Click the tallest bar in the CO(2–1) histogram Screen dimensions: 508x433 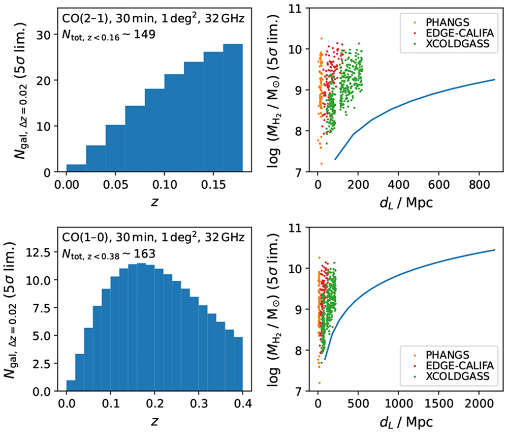(x=233, y=108)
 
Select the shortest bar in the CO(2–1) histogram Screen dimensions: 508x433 (x=76, y=168)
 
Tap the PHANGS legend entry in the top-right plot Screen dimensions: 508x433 (x=447, y=22)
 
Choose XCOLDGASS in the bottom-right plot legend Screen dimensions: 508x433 (x=457, y=376)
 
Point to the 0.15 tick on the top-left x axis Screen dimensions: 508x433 (x=213, y=185)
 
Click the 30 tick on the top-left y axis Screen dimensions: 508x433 (x=43, y=35)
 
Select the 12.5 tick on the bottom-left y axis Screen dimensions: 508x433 (x=38, y=252)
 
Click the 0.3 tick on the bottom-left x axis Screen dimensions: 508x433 (x=199, y=404)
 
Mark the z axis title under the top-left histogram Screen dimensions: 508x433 (x=154, y=202)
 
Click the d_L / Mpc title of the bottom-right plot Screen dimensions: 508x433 (x=406, y=422)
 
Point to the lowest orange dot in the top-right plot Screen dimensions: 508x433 (x=322, y=164)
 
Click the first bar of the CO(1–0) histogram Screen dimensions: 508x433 (x=71, y=386)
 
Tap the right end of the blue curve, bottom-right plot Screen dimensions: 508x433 (x=495, y=250)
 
